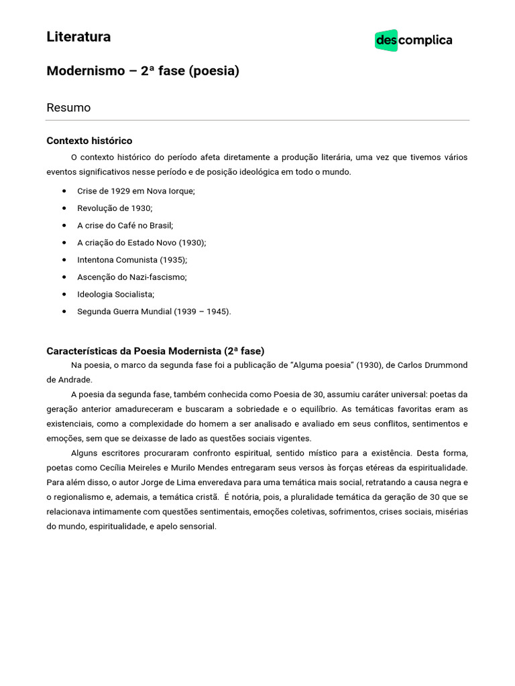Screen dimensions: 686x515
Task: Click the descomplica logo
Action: pos(413,40)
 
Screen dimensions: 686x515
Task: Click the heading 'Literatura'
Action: pos(78,37)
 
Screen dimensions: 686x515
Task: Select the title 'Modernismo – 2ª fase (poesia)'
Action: pos(143,70)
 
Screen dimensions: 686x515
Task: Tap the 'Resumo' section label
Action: pos(68,107)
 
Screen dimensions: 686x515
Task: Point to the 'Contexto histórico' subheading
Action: pos(89,141)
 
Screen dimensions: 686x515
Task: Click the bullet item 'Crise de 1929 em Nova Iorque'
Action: pos(135,191)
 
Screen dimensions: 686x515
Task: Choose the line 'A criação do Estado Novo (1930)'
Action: pos(141,243)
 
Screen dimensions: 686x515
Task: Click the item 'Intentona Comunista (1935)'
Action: pos(132,259)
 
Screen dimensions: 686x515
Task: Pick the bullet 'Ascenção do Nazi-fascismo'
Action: pos(131,277)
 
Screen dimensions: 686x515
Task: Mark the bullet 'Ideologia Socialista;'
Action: pos(115,294)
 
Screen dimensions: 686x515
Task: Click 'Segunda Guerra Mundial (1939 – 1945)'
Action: pos(154,312)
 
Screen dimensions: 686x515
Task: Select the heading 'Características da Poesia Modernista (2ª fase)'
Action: pos(155,351)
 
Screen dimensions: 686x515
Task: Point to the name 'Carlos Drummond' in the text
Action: pos(433,365)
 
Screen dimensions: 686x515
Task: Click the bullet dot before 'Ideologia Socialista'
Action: pos(64,294)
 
